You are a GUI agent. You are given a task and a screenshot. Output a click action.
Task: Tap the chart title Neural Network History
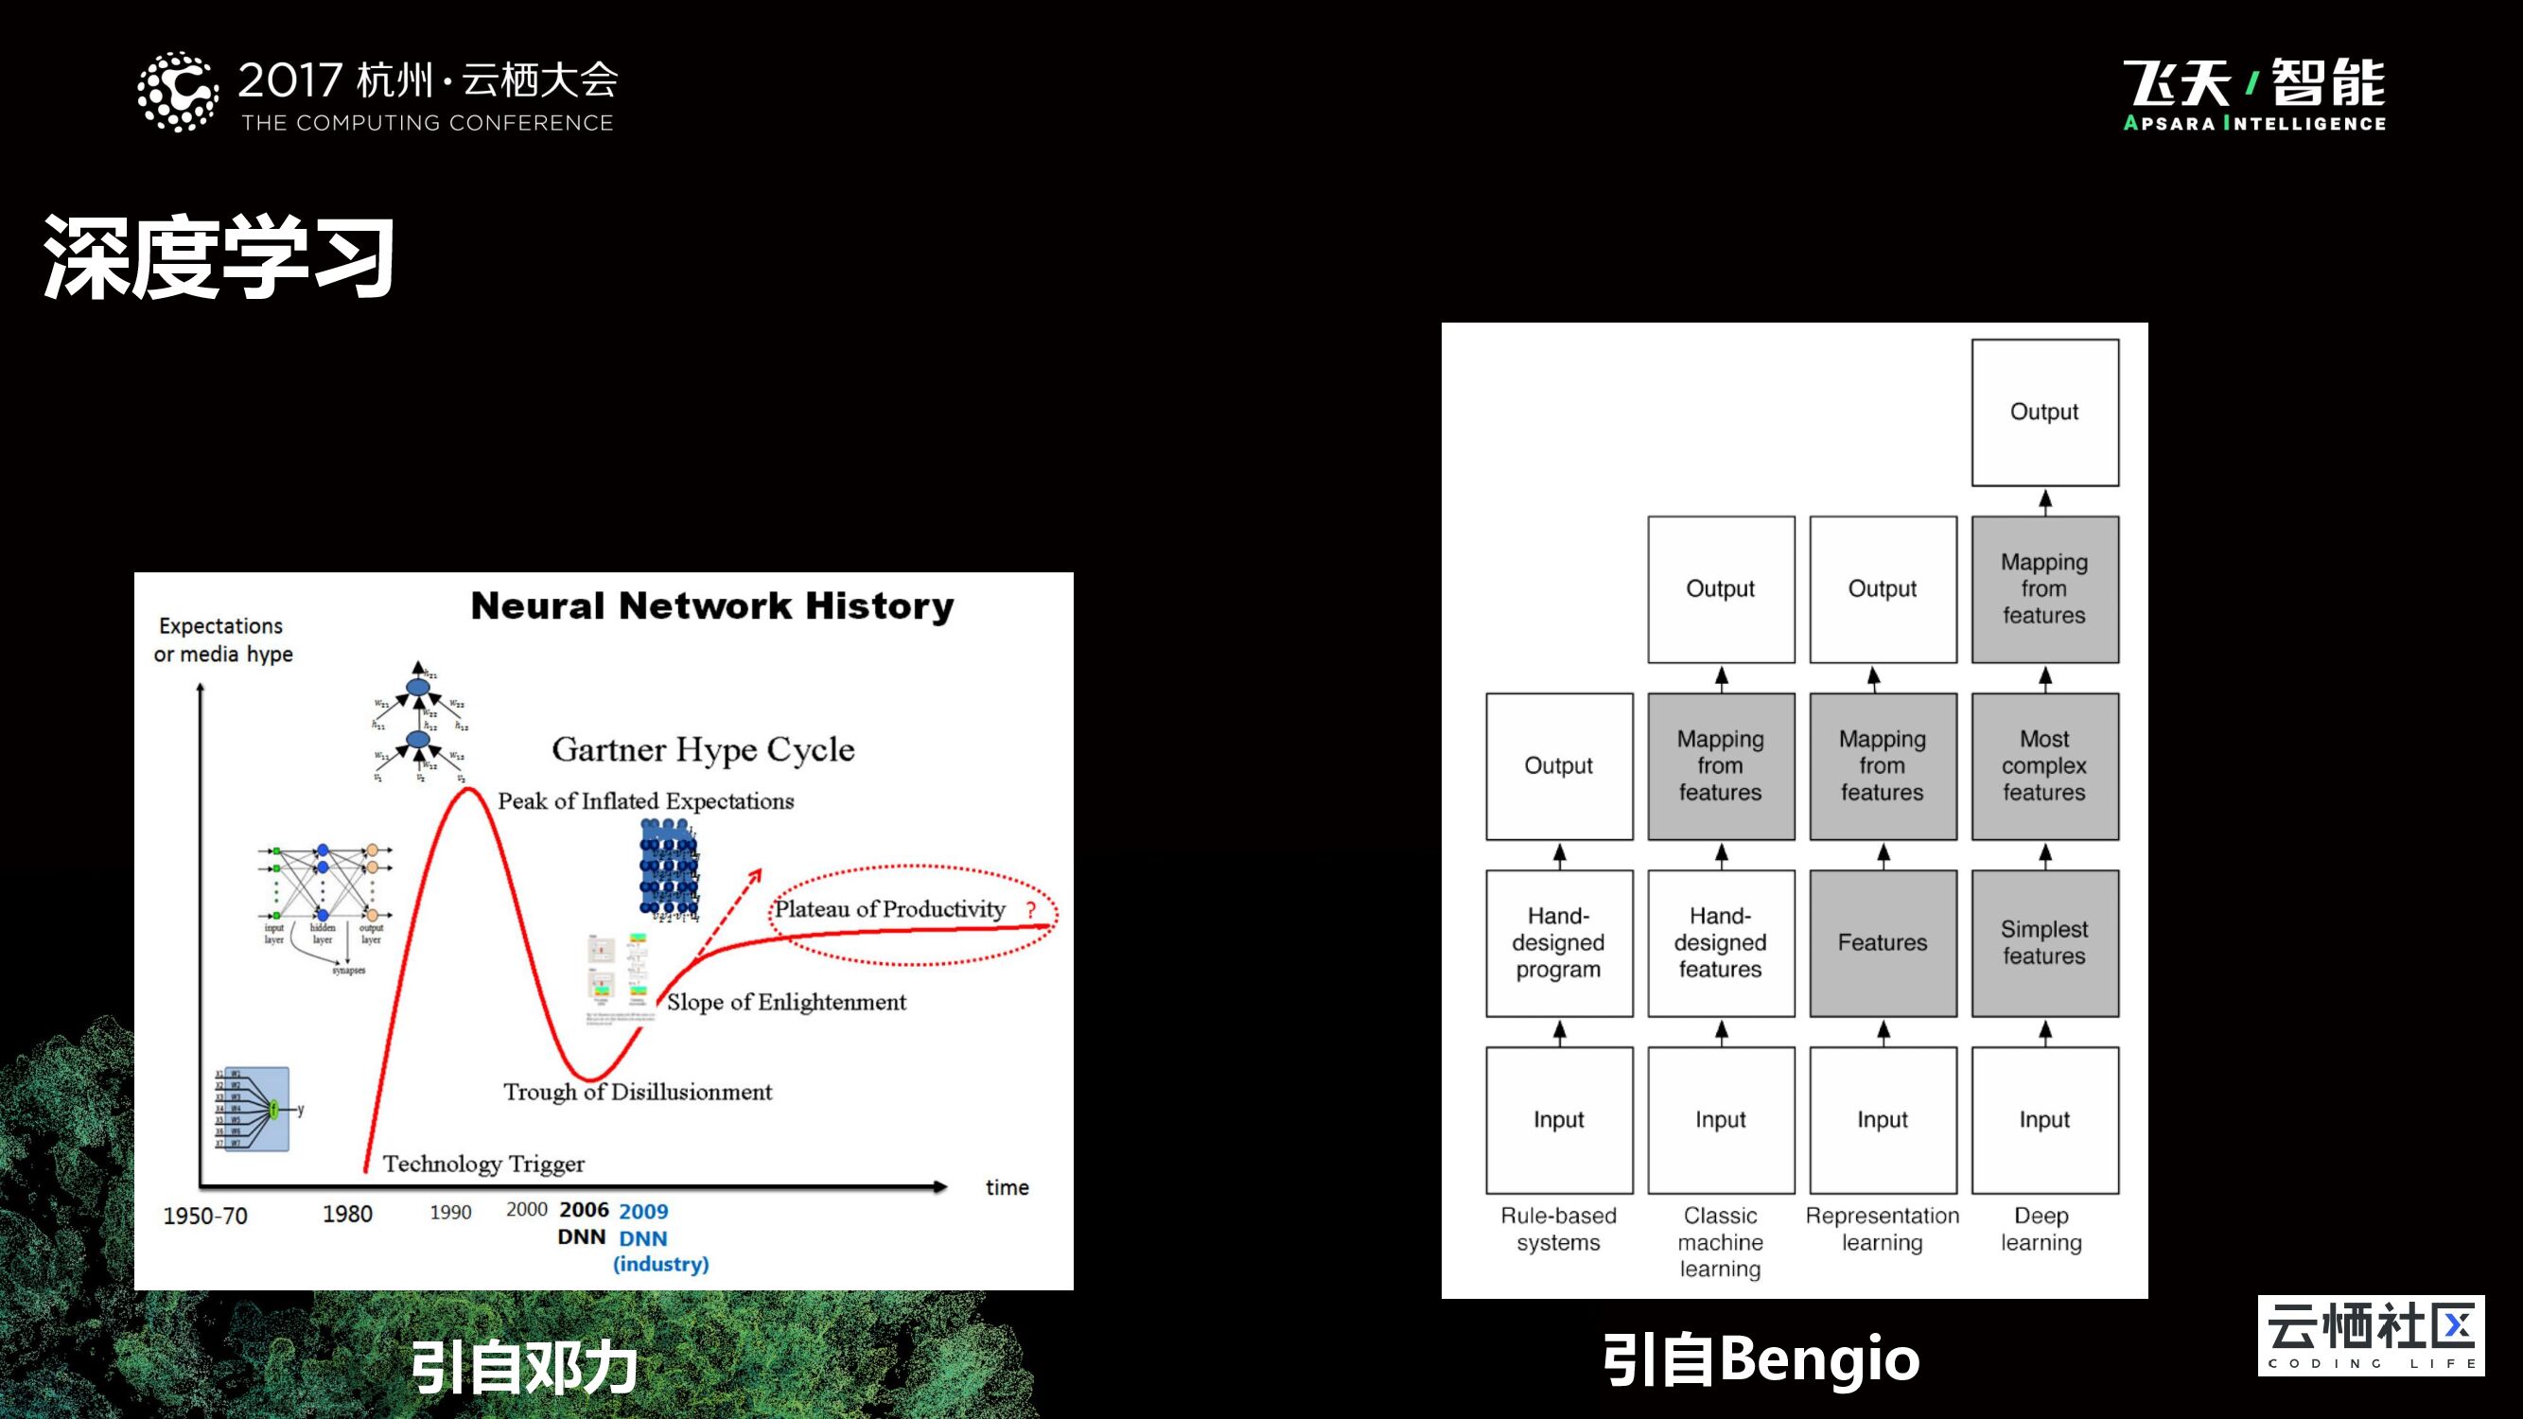[712, 606]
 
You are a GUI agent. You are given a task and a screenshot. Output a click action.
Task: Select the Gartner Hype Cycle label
[702, 750]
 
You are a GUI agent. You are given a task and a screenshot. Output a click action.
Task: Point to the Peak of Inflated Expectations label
[645, 801]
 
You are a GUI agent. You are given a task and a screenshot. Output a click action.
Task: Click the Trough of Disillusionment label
[637, 1092]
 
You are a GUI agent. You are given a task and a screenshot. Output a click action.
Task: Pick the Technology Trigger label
[482, 1164]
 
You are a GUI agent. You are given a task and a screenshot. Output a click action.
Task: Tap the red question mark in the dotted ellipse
[1030, 910]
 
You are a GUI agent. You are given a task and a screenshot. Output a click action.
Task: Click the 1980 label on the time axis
[348, 1215]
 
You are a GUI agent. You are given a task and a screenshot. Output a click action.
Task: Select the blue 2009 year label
[643, 1212]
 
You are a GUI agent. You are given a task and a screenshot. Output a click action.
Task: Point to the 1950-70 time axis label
[204, 1217]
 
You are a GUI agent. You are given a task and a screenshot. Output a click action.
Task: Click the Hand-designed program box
[1558, 943]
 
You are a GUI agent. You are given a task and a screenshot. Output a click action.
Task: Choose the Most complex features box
[2044, 766]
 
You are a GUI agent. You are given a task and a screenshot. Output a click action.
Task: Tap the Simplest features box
[2044, 943]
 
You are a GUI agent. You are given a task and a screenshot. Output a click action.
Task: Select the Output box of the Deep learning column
[2044, 412]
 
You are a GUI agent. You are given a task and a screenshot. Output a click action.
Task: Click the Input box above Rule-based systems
[1558, 1119]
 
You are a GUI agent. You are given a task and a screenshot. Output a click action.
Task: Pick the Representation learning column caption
[1883, 1229]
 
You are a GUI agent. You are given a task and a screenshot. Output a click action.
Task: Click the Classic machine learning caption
[1720, 1242]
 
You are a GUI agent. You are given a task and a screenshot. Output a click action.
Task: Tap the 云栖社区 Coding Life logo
[2370, 1335]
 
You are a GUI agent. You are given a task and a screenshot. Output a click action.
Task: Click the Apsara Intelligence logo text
[2253, 123]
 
